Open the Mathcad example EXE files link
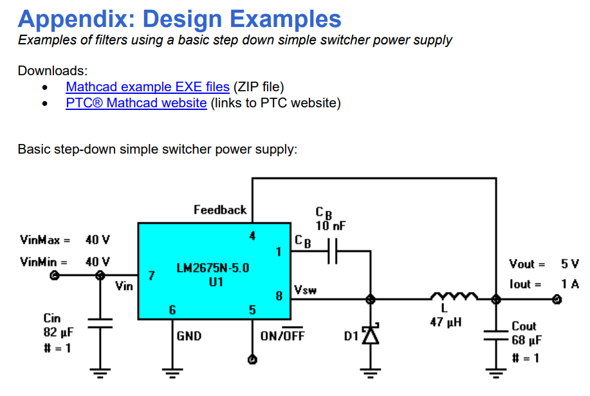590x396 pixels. [147, 87]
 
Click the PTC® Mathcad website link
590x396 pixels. [136, 103]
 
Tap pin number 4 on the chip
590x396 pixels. [253, 236]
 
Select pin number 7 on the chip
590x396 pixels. [151, 276]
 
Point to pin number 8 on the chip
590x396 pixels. [279, 296]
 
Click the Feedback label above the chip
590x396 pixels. [220, 210]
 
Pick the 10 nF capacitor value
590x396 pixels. [330, 226]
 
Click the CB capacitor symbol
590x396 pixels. [332, 253]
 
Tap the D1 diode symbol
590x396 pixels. [369, 335]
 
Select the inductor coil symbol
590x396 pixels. [454, 297]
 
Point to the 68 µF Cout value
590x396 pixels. [526, 339]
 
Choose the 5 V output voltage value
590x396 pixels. [569, 264]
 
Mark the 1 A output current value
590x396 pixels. [569, 283]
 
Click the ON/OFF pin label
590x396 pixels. [282, 336]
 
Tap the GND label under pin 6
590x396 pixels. [189, 336]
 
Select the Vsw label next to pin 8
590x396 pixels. [305, 290]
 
